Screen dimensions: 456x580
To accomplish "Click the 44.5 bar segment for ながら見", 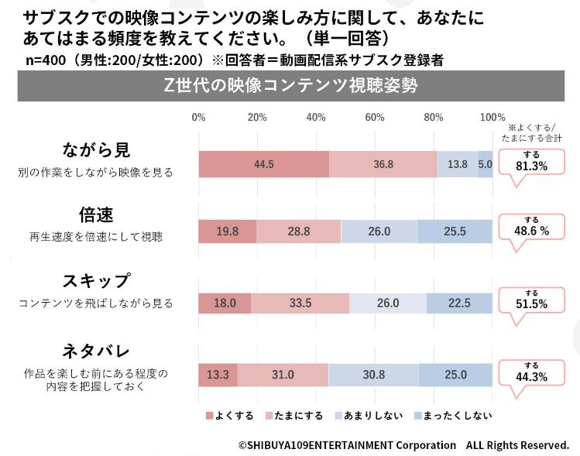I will [x=263, y=164].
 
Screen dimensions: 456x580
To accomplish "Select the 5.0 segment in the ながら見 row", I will [x=485, y=164].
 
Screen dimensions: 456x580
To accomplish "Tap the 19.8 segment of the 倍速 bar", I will [x=228, y=231].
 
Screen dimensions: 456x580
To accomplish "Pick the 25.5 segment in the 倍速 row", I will [x=455, y=231].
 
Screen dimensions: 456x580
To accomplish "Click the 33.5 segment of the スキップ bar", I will [x=300, y=303].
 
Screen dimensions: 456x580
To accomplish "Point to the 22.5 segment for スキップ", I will [x=459, y=303].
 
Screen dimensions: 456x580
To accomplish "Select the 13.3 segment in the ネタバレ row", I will [x=218, y=375].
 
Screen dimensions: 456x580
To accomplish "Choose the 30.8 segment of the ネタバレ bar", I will [x=373, y=375].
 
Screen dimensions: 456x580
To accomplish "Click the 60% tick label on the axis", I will [x=375, y=118].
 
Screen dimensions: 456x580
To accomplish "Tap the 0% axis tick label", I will [x=198, y=118].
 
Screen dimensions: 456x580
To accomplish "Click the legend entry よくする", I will [x=229, y=416].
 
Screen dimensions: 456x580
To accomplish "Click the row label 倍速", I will [x=95, y=214].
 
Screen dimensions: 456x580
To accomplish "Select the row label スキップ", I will [x=95, y=282].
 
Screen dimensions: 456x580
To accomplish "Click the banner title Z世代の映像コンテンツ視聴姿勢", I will [x=290, y=86].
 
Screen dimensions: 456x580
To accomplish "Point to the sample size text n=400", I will [x=49, y=60].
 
